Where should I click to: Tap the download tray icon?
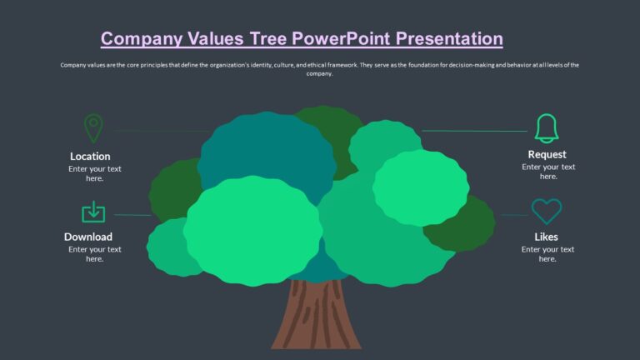coord(93,212)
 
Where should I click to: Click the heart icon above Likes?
coord(547,211)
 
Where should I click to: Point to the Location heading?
coord(90,157)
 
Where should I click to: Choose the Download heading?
coord(88,237)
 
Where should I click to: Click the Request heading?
coord(547,154)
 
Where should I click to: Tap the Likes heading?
coord(547,237)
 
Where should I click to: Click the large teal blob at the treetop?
coord(254,150)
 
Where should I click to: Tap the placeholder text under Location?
coord(95,173)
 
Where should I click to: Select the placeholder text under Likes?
coord(547,254)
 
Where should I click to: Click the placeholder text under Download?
coord(95,254)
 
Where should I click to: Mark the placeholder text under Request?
coord(548,172)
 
